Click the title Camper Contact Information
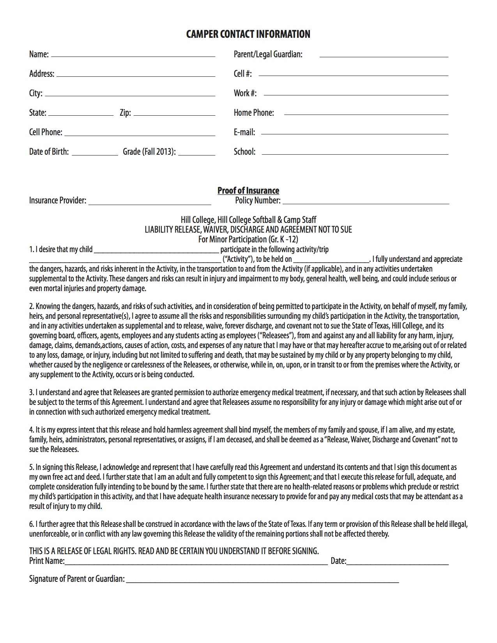tap(248, 34)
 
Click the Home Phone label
tap(254, 113)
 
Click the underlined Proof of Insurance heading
tap(248, 191)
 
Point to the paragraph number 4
tap(32, 430)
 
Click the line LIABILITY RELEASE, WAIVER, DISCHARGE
tap(248, 230)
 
